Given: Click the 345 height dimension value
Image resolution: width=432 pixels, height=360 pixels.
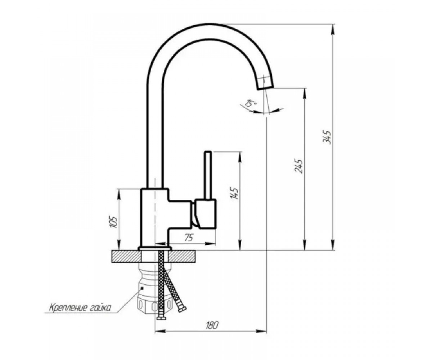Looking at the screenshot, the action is [x=327, y=137].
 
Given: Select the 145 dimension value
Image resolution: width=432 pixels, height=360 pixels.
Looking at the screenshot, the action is [x=235, y=194].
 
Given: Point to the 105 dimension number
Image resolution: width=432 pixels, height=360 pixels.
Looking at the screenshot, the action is [x=114, y=222].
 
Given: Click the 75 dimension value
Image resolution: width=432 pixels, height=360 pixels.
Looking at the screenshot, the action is [x=188, y=238].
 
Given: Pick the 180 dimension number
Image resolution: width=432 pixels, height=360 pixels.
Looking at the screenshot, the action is [x=212, y=325].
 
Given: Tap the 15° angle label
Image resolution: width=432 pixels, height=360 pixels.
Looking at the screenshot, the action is [x=250, y=103].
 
